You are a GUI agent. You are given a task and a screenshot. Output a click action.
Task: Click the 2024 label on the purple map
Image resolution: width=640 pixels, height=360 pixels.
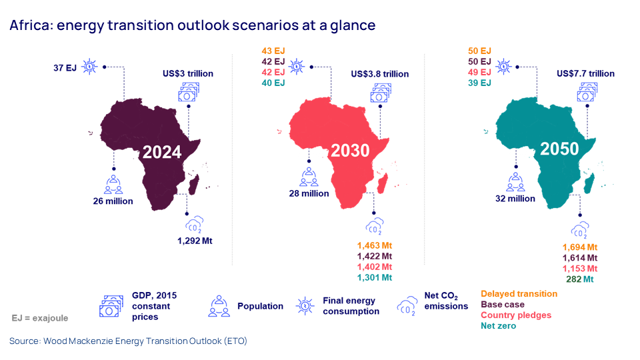coord(162,152)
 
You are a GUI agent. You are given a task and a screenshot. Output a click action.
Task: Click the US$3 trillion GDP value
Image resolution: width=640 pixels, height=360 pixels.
coord(187,72)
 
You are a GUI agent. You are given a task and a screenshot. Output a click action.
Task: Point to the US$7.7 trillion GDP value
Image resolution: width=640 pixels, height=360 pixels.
coord(585,73)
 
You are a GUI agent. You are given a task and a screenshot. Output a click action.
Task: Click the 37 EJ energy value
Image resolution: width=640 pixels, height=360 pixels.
coord(65,67)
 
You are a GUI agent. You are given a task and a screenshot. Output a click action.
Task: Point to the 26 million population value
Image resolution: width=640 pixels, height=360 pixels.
coord(113,201)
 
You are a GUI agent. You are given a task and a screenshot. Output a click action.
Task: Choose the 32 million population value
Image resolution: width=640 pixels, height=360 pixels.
coord(514,198)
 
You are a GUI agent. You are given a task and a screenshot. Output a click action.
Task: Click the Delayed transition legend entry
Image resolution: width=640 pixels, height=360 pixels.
coord(519,293)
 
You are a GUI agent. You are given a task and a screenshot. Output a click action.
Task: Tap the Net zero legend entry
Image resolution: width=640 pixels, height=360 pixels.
coord(499,325)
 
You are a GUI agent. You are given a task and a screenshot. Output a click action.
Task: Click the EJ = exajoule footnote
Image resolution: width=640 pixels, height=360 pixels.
coord(40,318)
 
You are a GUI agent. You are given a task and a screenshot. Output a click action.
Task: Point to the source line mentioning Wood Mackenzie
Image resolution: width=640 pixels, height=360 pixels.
coord(128,341)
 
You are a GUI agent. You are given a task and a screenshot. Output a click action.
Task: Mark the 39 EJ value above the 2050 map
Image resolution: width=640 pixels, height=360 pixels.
coord(480,83)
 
